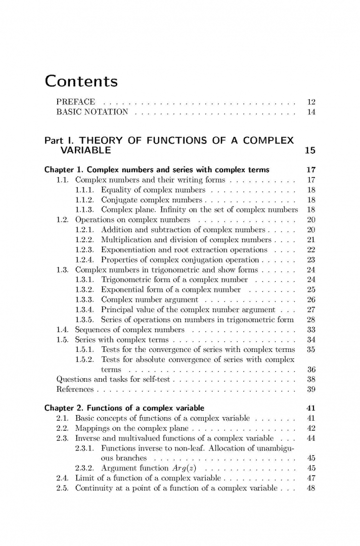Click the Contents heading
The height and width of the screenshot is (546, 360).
pos(81,81)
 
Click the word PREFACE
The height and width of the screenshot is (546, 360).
pos(75,102)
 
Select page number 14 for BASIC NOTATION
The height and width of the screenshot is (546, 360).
pos(311,112)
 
